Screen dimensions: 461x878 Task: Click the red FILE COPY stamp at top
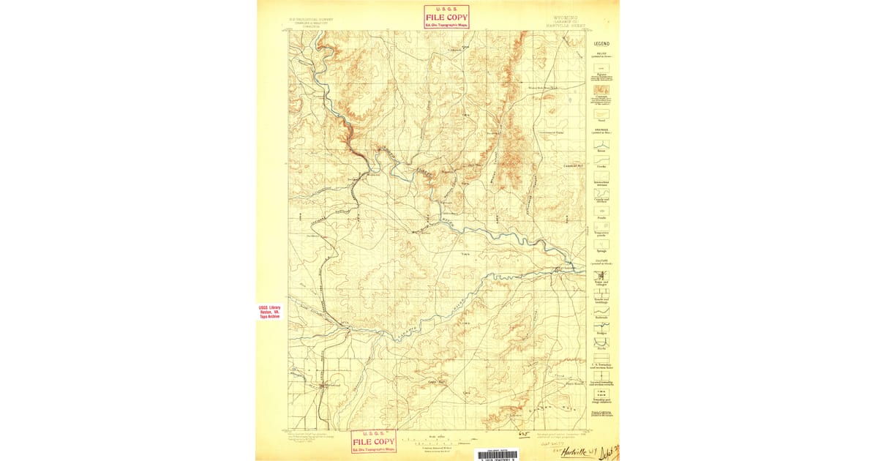[x=446, y=17]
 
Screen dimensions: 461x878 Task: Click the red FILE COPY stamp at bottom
[x=374, y=441]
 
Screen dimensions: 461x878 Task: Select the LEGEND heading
[x=601, y=44]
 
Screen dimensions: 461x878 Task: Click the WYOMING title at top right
[x=561, y=16]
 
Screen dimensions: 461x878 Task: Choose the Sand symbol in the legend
[x=601, y=114]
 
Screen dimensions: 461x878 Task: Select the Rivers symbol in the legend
[x=601, y=143]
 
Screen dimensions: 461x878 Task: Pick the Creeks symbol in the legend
[x=601, y=160]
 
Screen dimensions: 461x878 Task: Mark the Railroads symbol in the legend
[x=601, y=310]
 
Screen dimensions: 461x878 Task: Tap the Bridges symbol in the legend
[x=601, y=327]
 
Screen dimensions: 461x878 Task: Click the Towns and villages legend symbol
[x=601, y=277]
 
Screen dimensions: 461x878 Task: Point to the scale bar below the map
[x=432, y=442]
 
